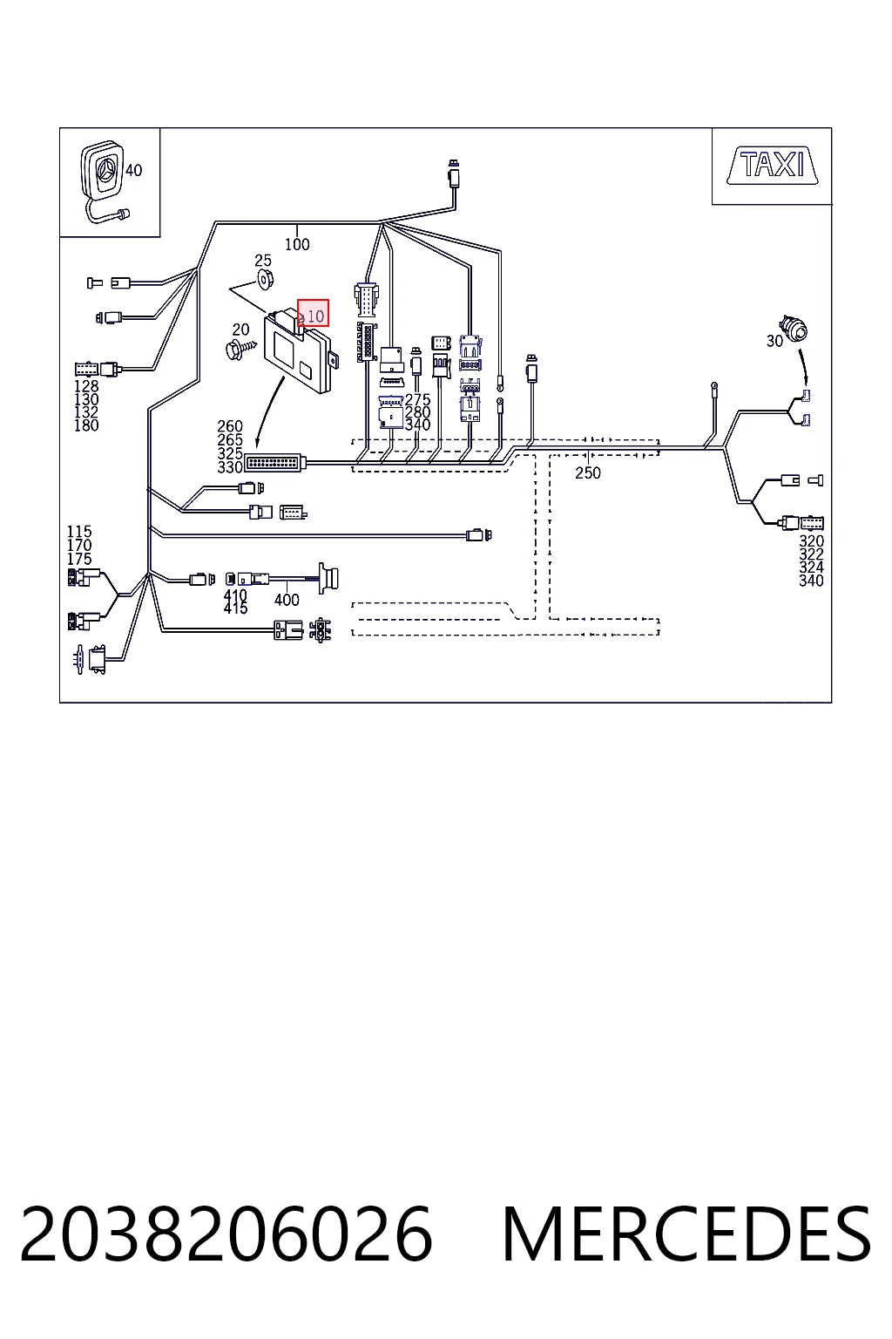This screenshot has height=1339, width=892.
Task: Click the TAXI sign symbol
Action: (x=773, y=165)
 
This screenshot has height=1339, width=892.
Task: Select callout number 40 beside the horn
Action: (x=134, y=170)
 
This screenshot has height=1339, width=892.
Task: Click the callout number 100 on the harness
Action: (x=297, y=244)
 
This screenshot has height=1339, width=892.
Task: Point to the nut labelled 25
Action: (x=265, y=279)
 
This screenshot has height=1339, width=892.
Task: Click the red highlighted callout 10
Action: (x=313, y=313)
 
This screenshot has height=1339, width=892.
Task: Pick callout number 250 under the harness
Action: (x=588, y=472)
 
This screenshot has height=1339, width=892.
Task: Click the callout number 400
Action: (x=287, y=600)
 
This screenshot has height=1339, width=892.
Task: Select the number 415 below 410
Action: (x=235, y=608)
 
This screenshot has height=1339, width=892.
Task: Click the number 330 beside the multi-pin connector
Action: (x=230, y=467)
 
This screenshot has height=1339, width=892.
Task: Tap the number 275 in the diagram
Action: (x=417, y=399)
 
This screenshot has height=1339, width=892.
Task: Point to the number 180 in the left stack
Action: (x=86, y=425)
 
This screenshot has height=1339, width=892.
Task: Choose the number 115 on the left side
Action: (x=79, y=532)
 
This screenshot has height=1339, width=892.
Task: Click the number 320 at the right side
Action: (x=811, y=541)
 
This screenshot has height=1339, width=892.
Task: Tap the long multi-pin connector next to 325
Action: (x=275, y=463)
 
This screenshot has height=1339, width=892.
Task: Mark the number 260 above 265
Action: (x=230, y=426)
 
